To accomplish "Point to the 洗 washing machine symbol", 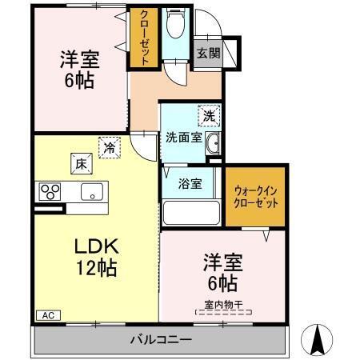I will pos(208,115).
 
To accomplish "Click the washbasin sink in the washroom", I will pos(214,144).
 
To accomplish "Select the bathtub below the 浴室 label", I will pos(190,214).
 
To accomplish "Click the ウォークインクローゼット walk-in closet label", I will pos(256,198).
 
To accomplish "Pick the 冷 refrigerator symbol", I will pos(107,147).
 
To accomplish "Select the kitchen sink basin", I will pos(92,191).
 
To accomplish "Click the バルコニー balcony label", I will pos(161,339).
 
